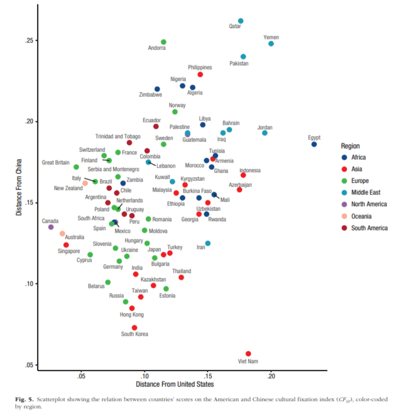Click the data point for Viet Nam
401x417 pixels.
(248, 354)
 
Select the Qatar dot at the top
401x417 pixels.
(241, 21)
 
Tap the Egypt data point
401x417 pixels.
(314, 144)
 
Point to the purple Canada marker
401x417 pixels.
(51, 227)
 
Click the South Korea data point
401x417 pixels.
(134, 328)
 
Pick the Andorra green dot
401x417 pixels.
(164, 42)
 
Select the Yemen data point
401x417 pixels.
(271, 43)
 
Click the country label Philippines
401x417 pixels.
(199, 67)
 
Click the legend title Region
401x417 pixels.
(350, 146)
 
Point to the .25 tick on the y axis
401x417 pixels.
(31, 41)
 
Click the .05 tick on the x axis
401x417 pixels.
(81, 377)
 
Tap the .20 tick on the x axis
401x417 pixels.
(271, 377)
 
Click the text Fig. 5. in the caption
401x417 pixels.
(25, 400)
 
